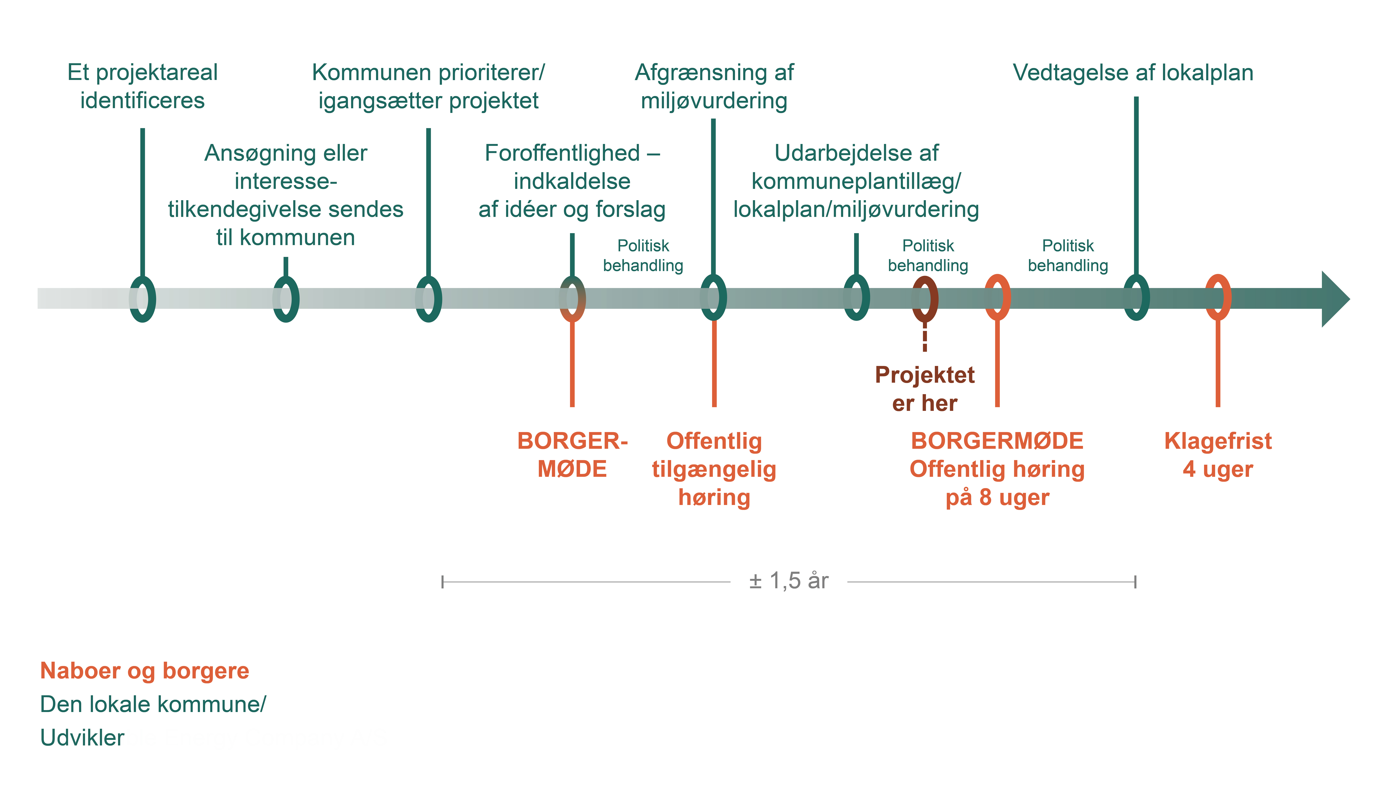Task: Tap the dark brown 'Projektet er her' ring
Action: click(x=925, y=299)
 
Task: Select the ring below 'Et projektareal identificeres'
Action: click(x=142, y=299)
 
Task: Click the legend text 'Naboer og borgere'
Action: click(x=144, y=671)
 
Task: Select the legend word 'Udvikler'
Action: click(x=82, y=738)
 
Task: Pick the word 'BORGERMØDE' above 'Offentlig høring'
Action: click(x=997, y=441)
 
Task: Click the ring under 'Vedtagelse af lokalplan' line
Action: click(x=1136, y=298)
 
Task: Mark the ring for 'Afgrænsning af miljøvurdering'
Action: click(x=713, y=298)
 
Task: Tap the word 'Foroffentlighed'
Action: click(x=562, y=153)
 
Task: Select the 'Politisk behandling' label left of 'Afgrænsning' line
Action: click(x=643, y=255)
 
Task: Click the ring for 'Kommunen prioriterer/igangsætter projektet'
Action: click(x=429, y=299)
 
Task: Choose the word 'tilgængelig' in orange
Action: click(x=714, y=469)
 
